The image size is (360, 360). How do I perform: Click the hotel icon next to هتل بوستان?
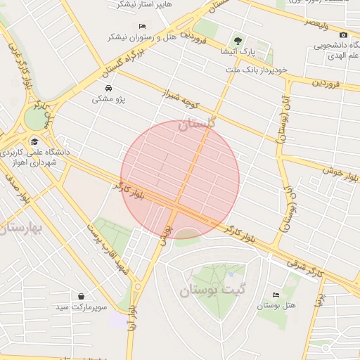(x=276, y=295)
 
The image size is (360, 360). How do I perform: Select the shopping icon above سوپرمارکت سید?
(x=82, y=297)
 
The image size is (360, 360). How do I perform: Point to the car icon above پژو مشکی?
(x=109, y=88)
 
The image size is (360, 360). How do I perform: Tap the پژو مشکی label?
(x=108, y=99)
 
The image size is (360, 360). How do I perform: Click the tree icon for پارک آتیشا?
(x=238, y=41)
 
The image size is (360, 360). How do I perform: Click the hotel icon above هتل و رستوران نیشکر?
(x=143, y=27)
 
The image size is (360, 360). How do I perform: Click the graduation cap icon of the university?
(x=34, y=141)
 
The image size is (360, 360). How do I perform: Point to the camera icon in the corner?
(x=343, y=35)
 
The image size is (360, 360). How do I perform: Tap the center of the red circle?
(x=180, y=180)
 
